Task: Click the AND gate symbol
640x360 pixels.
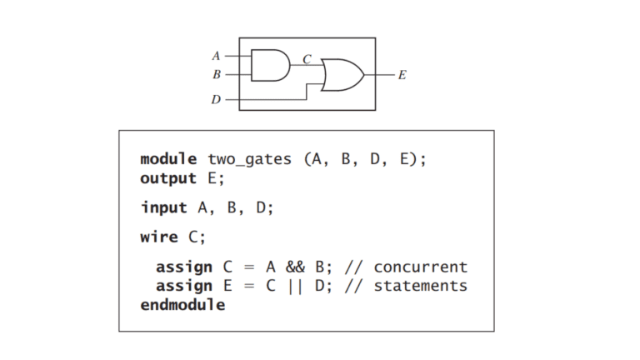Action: [270, 65]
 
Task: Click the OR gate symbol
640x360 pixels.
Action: [342, 75]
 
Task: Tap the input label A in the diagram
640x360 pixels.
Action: [216, 56]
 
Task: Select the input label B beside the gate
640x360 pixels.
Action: [217, 74]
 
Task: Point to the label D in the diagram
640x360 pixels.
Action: [216, 99]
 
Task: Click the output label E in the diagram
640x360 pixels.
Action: [402, 75]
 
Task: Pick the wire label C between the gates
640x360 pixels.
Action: [307, 60]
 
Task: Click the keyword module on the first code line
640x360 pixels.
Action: [168, 159]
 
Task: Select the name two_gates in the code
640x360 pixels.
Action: [250, 160]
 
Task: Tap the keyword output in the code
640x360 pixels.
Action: [168, 179]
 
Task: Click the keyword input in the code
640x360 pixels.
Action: [163, 207]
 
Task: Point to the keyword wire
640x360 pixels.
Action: [159, 237]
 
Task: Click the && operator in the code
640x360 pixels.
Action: [295, 267]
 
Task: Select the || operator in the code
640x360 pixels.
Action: [295, 286]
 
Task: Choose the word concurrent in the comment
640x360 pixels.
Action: [420, 267]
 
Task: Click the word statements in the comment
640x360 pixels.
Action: [420, 286]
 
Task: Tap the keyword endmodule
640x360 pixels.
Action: [182, 305]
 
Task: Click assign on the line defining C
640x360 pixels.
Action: [184, 267]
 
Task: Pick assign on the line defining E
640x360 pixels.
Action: [184, 287]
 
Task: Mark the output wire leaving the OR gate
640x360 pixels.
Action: [380, 75]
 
